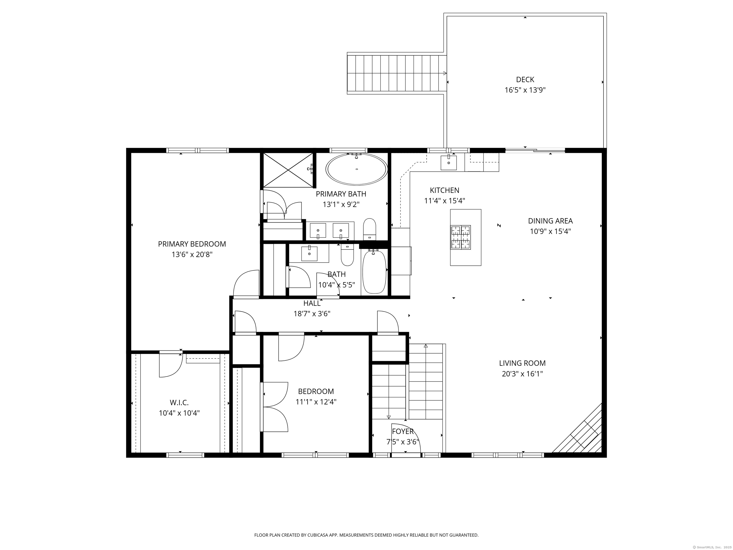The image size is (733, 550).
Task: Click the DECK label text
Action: [x=525, y=79]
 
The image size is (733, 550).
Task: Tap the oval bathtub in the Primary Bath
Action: [x=356, y=169]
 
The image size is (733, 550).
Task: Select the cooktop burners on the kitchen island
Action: [x=460, y=237]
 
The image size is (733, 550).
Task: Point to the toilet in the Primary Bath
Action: [x=369, y=229]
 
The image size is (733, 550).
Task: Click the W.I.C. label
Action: [x=179, y=402]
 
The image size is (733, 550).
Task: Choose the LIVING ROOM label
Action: [x=522, y=363]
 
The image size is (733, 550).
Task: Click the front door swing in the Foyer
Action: [x=405, y=438]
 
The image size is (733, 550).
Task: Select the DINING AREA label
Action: [x=550, y=221]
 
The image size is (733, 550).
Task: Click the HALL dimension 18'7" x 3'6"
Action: [x=312, y=314]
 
